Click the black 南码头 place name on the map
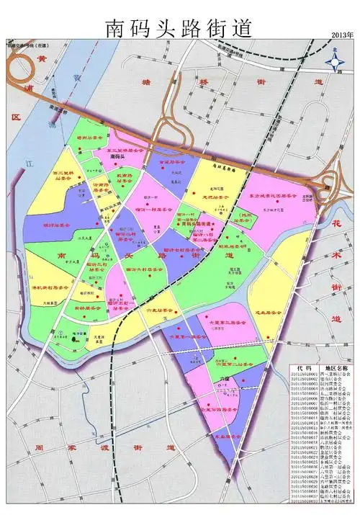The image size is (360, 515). pos(117,156)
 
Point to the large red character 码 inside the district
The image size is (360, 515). pos(94,256)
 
